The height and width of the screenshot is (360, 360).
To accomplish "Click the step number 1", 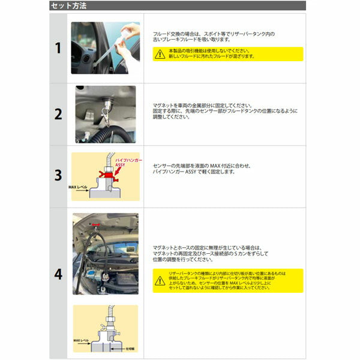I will tap(58, 48).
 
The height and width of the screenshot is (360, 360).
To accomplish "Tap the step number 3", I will tap(58, 175).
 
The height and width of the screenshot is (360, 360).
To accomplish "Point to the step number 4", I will tap(58, 274).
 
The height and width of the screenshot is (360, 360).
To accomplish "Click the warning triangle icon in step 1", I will tap(159, 54).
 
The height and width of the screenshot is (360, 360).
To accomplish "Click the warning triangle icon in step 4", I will tap(160, 280).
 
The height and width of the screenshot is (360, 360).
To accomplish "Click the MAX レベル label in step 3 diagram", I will tap(78, 187).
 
